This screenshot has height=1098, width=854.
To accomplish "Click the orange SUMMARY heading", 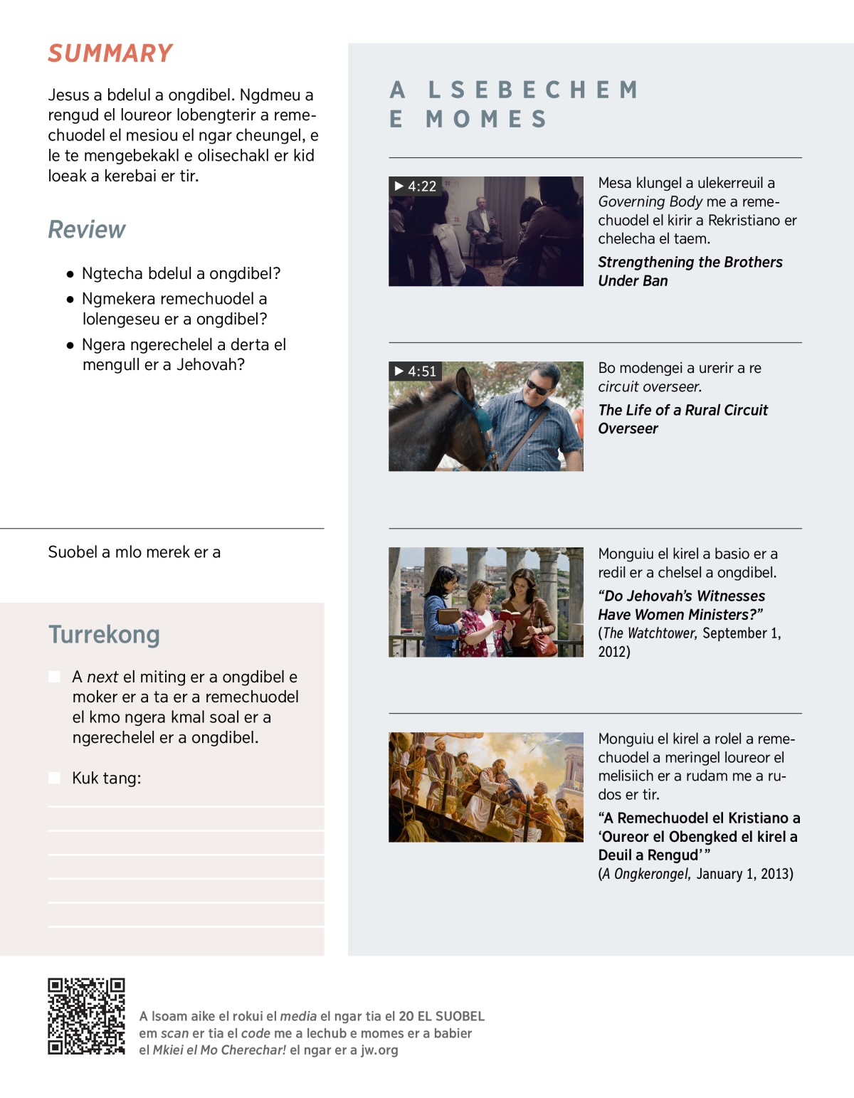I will tap(110, 53).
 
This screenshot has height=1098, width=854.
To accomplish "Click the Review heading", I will tap(86, 230).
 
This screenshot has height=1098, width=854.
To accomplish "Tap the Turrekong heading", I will tap(104, 634).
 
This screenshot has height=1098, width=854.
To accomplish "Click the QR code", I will tap(86, 1016).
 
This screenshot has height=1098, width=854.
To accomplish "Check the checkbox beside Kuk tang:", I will tap(55, 778).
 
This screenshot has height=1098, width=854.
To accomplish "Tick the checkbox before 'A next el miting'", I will tap(55, 677).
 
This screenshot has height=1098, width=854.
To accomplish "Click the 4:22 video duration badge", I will tap(416, 186).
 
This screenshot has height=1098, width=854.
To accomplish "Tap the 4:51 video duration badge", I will tap(416, 371).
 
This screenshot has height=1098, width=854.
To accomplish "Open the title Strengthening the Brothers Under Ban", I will tap(690, 271).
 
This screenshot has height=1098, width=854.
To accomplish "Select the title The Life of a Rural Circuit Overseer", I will tap(682, 419).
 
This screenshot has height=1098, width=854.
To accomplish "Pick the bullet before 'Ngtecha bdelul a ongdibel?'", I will tap(70, 274).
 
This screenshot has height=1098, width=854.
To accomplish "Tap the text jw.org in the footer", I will tap(379, 1050).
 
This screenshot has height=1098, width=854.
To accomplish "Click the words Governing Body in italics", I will tap(650, 202).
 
